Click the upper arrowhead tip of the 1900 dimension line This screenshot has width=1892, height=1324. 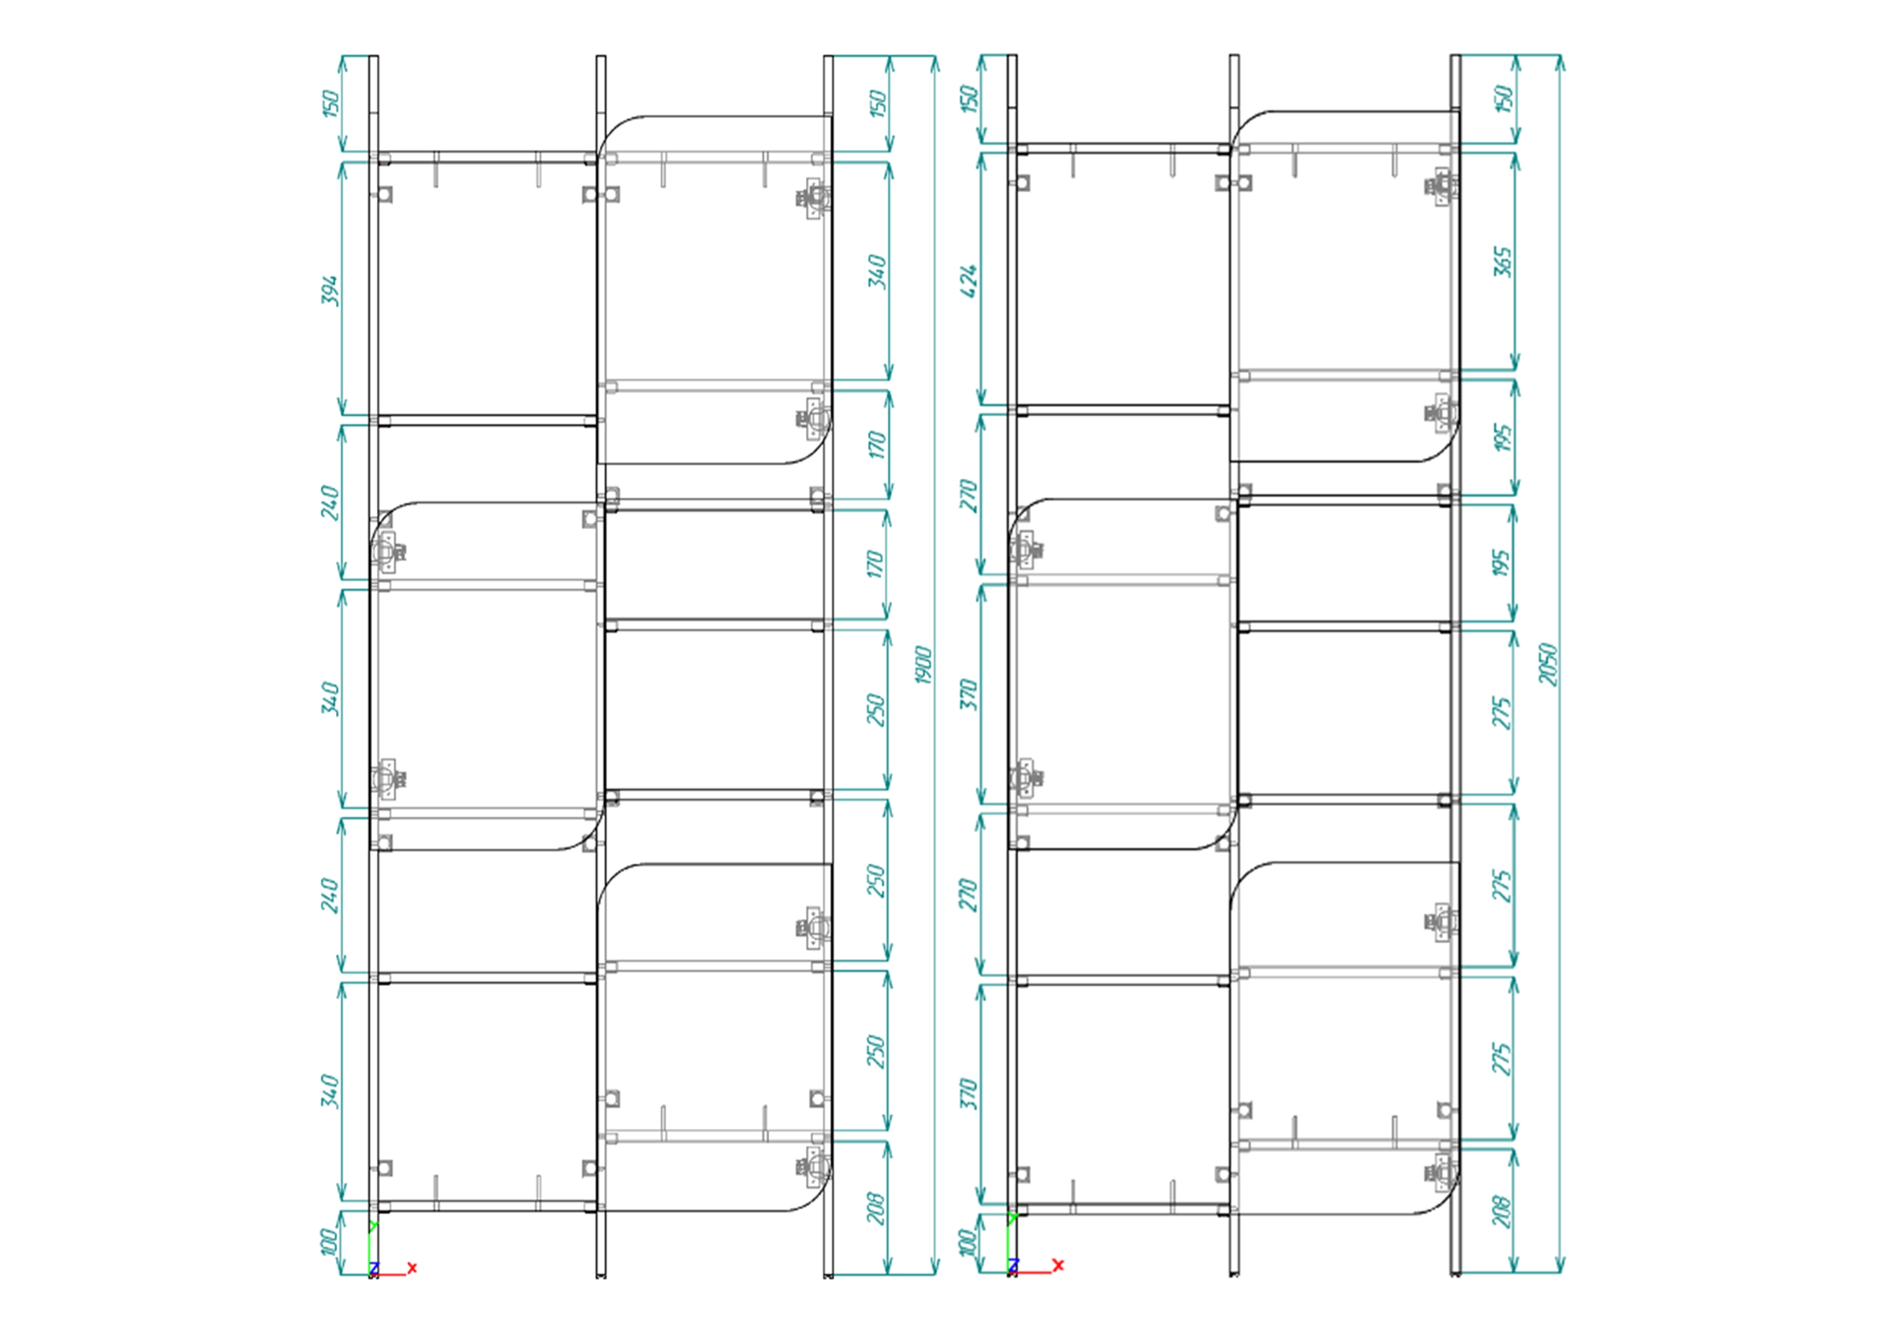coord(935,56)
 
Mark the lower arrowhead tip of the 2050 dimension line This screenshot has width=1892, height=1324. coord(1559,1273)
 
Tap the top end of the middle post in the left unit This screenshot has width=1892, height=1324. coord(601,56)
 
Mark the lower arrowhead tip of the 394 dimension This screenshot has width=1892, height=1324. coord(342,414)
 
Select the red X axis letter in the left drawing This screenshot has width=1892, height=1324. coord(412,1268)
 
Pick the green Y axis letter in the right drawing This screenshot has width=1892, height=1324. coord(1013,1217)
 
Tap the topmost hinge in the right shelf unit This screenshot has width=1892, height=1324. coord(1442,186)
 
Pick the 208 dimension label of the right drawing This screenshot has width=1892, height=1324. coord(1502,1211)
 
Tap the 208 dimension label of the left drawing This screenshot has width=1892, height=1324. coord(876,1208)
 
